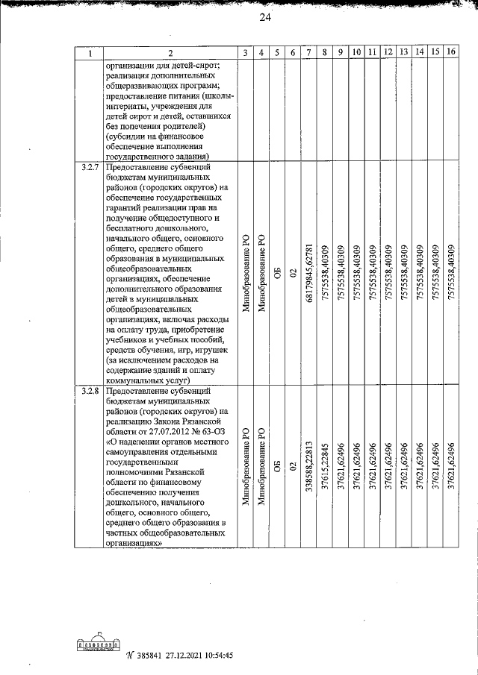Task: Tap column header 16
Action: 450,52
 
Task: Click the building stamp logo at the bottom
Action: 98,643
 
